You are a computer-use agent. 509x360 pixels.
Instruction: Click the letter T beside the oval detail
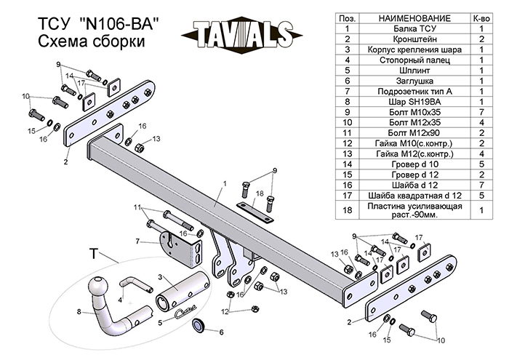coord(92,252)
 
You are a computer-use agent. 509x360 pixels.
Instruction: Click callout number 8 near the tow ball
coord(79,313)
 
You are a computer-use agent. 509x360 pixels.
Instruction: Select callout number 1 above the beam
coord(225,183)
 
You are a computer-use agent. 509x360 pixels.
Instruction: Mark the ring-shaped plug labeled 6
coord(197,327)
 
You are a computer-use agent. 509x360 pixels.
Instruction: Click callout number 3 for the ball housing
coord(159,277)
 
